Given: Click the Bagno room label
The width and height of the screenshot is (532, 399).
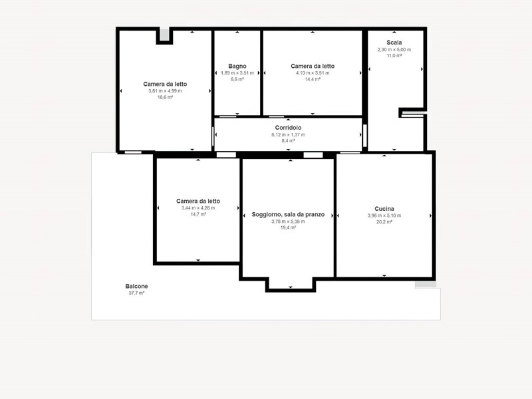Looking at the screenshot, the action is point(237,66).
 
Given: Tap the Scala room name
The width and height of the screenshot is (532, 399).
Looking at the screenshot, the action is point(394,43).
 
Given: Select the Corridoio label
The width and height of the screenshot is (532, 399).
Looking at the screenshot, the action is point(288,128).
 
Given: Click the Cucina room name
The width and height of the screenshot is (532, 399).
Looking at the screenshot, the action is point(384,209).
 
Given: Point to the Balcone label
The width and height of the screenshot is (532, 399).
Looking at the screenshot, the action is point(136,286).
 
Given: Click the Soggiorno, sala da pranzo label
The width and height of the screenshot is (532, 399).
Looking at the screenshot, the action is point(288,214).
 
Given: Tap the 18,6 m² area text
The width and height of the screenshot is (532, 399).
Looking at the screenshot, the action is point(165,97).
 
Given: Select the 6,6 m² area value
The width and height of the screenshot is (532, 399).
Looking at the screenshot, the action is point(237,79).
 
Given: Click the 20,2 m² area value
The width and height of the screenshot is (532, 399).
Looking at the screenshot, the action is point(384,222).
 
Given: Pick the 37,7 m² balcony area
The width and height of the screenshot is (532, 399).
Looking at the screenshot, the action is point(136,293).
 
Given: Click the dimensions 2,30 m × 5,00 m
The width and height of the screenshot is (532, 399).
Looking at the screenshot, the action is point(394,49).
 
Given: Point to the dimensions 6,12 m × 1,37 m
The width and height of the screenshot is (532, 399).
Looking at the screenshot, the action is point(288,135).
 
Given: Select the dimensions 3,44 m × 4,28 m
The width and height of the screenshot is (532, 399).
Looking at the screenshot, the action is point(198,208).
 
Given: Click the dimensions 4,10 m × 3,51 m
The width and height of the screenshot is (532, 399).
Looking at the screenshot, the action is point(313,73).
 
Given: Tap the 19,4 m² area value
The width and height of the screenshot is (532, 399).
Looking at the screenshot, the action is point(288,227).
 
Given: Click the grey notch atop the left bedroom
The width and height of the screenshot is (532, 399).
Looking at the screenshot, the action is point(164,35).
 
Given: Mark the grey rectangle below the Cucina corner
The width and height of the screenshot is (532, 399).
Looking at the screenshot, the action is point(426,285).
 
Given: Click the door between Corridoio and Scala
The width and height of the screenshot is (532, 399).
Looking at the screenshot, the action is point(365,136).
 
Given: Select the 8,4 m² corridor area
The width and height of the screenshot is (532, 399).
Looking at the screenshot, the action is point(288,141).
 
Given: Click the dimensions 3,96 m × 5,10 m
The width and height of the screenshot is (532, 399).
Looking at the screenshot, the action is point(384,215).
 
